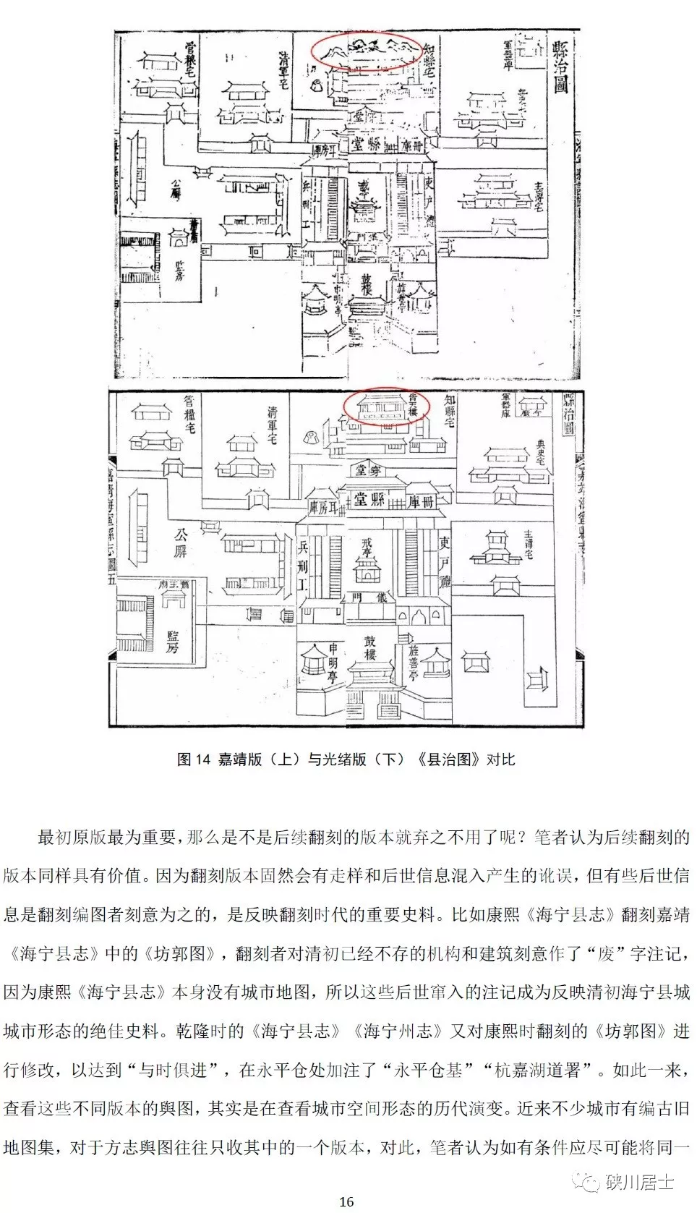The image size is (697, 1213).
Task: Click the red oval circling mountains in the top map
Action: coord(366,50)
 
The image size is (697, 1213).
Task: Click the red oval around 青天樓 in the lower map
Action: coord(386,407)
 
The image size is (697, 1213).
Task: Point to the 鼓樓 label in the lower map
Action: coord(369,647)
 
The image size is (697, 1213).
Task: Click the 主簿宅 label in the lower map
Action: coord(528,545)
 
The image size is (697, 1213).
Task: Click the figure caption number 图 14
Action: coord(193,759)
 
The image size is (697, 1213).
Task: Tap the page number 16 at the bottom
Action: coord(346,1201)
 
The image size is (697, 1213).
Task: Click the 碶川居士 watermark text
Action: coord(639,1181)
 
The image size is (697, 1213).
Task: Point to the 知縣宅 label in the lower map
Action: coord(450,410)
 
